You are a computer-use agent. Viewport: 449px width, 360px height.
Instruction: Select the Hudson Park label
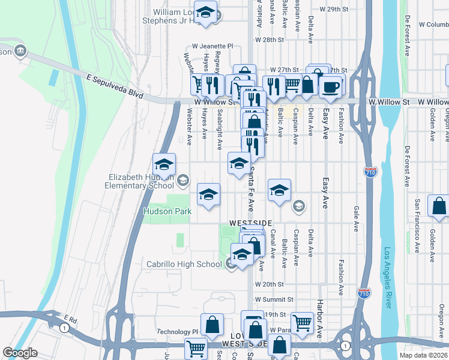click(167, 211)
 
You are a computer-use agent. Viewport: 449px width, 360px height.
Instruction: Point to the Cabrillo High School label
click(184, 264)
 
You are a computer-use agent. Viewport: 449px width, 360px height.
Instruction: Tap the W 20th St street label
click(268, 284)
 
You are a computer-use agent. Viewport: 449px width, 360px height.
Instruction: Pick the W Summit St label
click(273, 299)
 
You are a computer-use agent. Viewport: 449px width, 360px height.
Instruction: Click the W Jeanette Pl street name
click(212, 46)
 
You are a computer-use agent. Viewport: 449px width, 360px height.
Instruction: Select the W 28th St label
click(268, 40)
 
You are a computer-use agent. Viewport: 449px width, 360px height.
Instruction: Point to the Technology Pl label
click(177, 332)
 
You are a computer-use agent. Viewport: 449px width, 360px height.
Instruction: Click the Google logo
click(20, 353)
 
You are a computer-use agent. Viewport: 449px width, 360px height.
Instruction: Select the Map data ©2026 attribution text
click(423, 355)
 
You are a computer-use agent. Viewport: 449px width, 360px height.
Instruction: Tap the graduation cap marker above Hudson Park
click(209, 195)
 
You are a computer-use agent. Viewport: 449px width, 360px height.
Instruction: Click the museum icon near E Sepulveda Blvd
click(21, 50)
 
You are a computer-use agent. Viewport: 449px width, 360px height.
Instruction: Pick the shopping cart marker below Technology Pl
click(196, 348)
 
